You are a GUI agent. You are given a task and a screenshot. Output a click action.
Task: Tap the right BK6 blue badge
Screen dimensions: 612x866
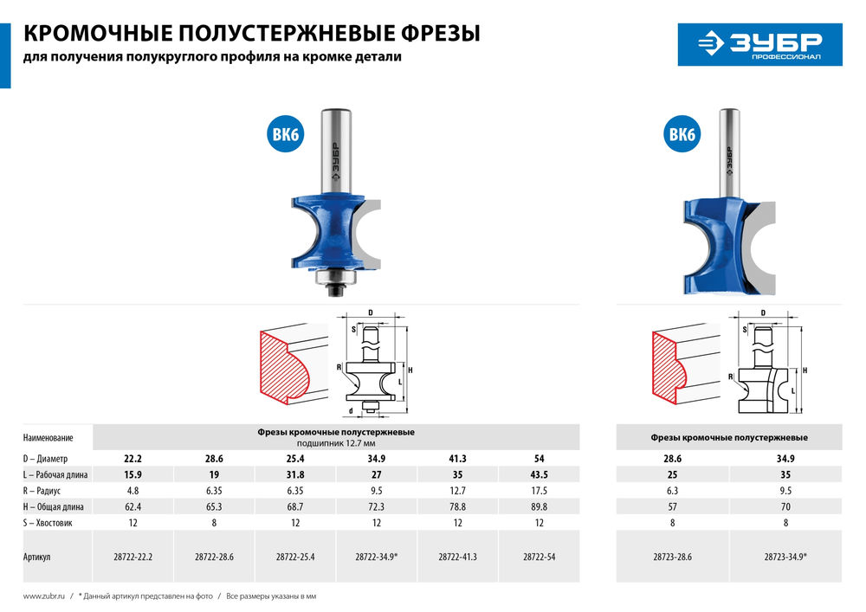(682, 135)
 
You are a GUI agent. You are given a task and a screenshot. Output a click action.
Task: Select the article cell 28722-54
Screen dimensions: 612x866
(539, 557)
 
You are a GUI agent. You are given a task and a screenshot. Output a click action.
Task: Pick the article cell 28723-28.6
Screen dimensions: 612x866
(672, 557)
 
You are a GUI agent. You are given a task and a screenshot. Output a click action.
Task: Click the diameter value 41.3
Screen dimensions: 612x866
(457, 458)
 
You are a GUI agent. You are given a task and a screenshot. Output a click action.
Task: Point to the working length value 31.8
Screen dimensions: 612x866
(295, 474)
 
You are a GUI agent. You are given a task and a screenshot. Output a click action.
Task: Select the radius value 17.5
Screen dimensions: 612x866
(539, 491)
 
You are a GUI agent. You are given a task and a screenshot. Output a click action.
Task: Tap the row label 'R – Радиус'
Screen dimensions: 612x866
(45, 491)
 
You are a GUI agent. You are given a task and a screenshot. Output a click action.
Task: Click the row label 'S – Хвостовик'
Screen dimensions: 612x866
(50, 524)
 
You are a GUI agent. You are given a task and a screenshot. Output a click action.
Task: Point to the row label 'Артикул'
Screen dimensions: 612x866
(37, 557)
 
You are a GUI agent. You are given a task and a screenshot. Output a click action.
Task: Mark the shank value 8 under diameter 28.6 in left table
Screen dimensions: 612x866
(214, 524)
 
